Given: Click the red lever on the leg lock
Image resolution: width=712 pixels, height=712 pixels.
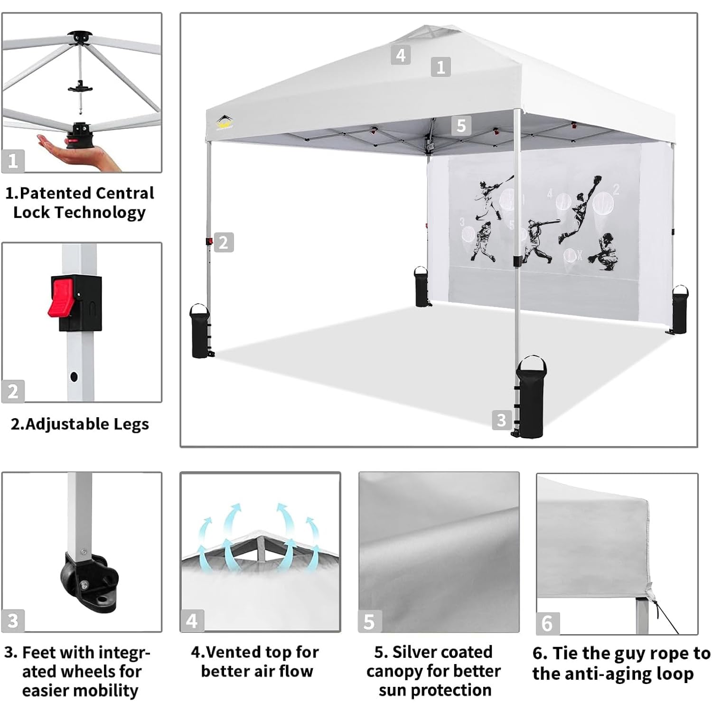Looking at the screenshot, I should pos(62,298).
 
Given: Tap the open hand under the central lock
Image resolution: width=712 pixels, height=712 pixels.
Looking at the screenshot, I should pos(81,154).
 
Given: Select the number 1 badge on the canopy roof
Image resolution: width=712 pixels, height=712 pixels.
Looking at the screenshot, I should pos(440,67).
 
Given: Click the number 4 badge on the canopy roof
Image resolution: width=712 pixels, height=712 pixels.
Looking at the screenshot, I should pos(401,55).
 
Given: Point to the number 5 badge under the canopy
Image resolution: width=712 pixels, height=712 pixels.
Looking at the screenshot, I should pos(461,126).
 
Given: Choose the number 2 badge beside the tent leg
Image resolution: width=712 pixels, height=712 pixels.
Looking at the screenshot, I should pos(224,243).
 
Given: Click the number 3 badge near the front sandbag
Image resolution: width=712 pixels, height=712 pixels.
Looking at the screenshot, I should pos(501,420).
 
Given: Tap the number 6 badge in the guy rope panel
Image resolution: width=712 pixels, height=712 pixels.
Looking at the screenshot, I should pos(547,623).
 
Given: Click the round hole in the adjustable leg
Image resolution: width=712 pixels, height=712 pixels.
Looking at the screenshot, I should pos(74,377).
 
